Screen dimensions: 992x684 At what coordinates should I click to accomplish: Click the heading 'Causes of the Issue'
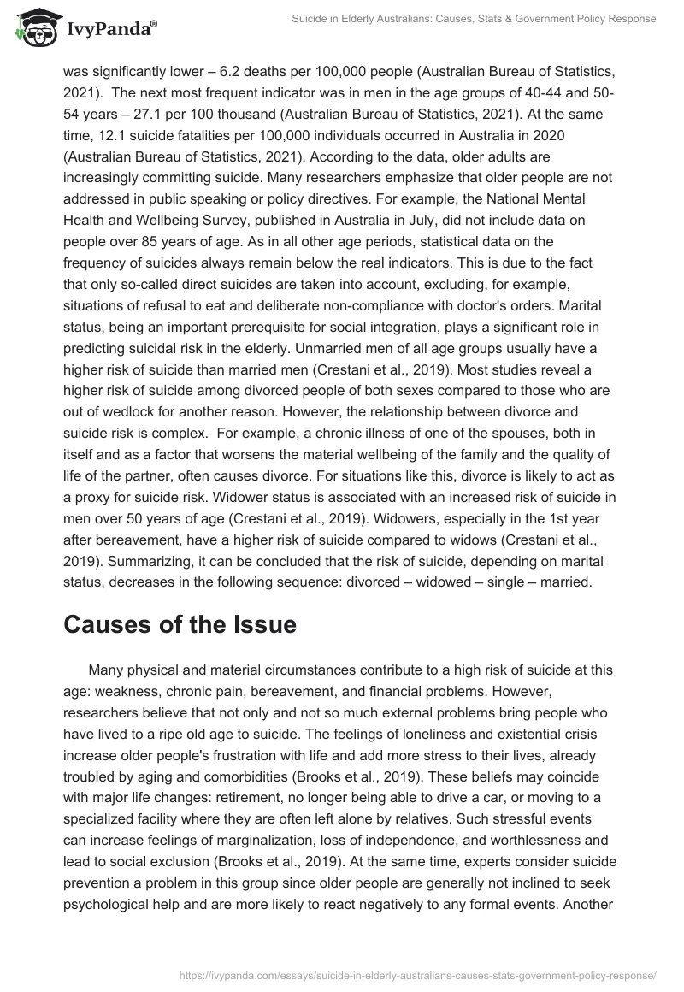[180, 624]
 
